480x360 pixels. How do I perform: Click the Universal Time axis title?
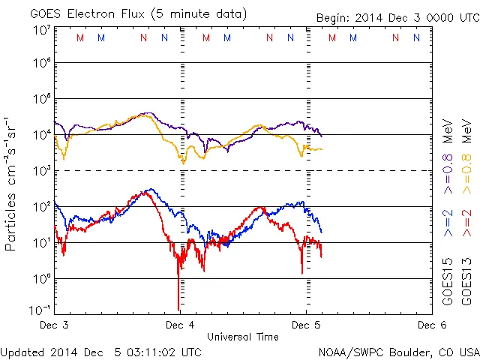242,337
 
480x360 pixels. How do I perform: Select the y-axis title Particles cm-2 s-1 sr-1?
12,183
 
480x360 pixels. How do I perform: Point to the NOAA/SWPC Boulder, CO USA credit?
398,352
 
